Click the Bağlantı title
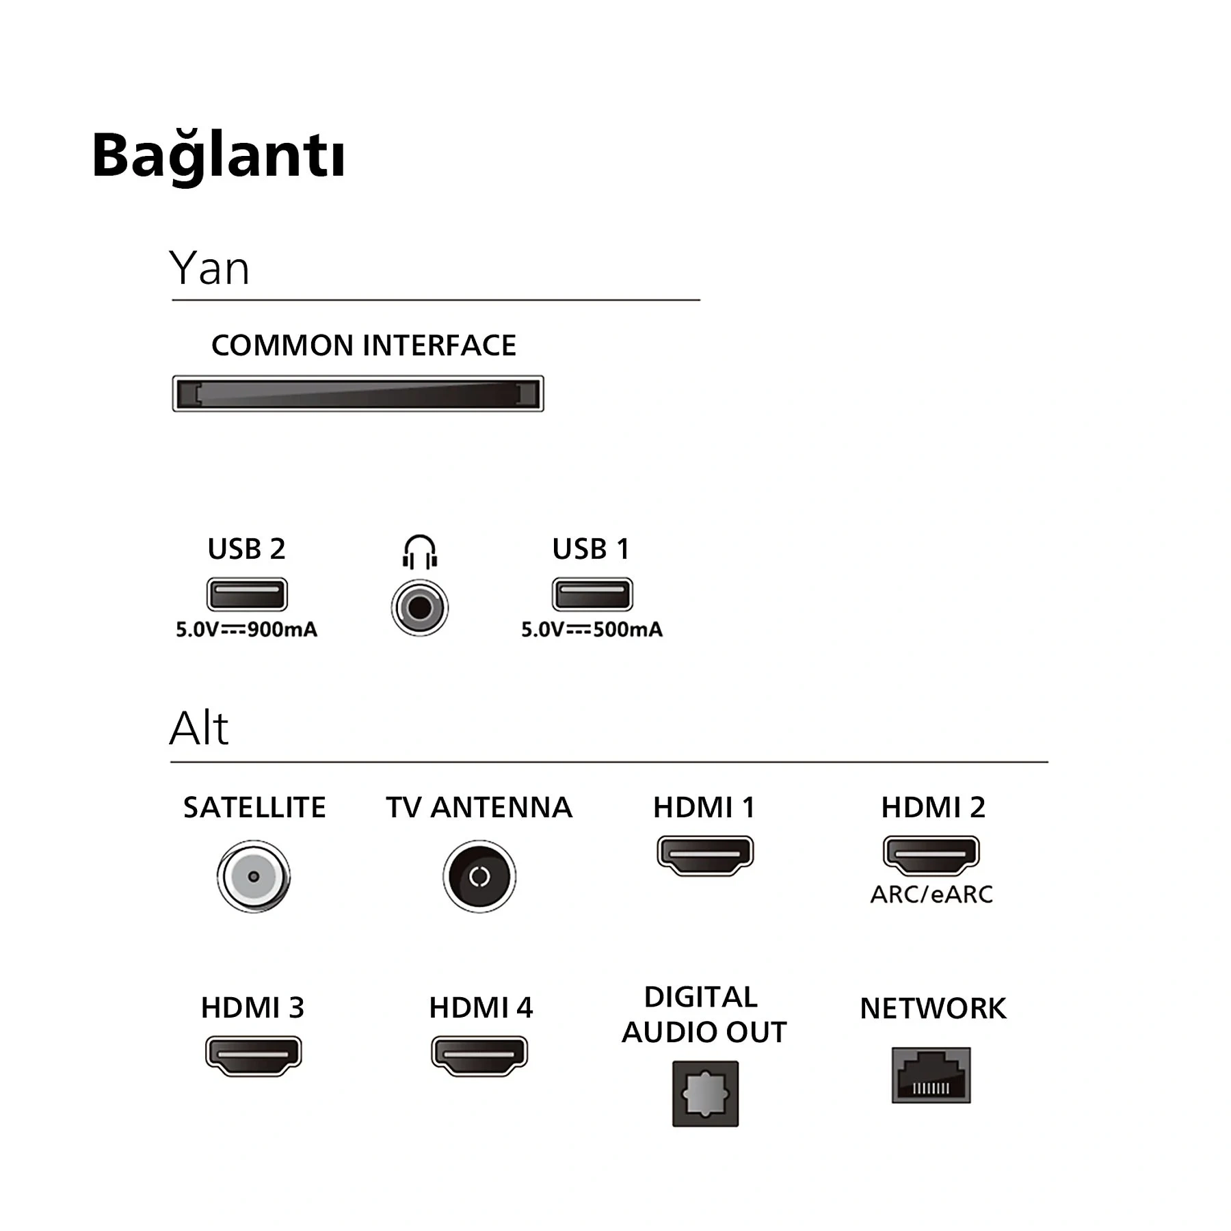(x=218, y=156)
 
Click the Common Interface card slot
(x=358, y=393)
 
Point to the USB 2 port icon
(x=247, y=594)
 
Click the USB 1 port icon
(x=592, y=594)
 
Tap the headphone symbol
(x=420, y=552)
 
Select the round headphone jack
(x=420, y=607)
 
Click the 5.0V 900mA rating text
(x=247, y=629)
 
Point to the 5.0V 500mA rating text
(x=592, y=629)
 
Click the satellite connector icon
(x=254, y=876)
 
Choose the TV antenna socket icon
(x=479, y=876)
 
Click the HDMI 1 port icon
(x=705, y=855)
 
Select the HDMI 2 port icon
(x=931, y=855)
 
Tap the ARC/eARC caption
(x=931, y=895)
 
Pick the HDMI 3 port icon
(x=254, y=1056)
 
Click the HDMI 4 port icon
(x=479, y=1056)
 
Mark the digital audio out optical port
(x=705, y=1094)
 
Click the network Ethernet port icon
(x=931, y=1075)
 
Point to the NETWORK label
(x=933, y=1008)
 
